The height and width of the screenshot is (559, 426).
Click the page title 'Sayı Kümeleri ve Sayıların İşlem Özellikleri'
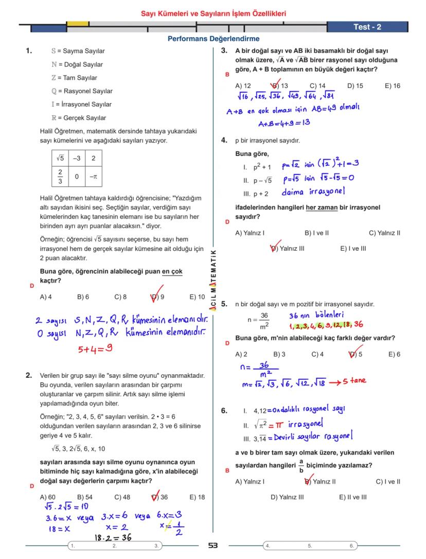(213, 14)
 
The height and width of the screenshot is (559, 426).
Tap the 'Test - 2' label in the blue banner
(367, 27)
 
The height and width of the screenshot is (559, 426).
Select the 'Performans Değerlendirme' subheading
(213, 39)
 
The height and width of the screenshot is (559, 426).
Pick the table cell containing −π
(93, 177)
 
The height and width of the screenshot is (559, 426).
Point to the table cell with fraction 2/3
(60, 177)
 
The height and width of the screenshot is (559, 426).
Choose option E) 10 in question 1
(197, 297)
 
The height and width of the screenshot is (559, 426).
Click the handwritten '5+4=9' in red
(95, 349)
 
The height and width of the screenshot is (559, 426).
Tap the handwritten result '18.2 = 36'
(112, 537)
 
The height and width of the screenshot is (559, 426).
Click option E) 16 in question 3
(392, 86)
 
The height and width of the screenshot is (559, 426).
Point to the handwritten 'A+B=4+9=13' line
(284, 123)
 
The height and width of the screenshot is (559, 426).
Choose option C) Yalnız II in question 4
(384, 233)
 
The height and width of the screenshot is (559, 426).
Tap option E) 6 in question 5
(394, 354)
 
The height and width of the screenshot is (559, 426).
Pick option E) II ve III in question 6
(352, 497)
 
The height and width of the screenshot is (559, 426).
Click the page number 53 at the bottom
(213, 546)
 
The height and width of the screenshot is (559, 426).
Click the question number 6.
(224, 411)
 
